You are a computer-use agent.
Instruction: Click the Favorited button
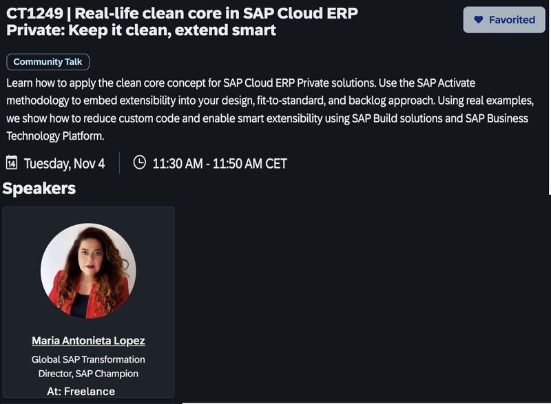[x=505, y=20]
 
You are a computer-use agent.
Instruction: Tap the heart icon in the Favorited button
[x=479, y=20]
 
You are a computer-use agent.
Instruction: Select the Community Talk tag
[x=48, y=62]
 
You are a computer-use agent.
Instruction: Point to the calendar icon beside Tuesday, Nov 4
[x=12, y=162]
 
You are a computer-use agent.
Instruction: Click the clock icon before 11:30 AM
[x=139, y=162]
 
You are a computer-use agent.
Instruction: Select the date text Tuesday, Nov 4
[x=64, y=163]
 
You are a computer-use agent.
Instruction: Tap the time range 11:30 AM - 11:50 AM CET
[x=220, y=163]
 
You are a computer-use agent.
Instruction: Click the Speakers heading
[x=39, y=188]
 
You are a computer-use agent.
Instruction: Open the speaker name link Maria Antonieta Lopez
[x=88, y=341]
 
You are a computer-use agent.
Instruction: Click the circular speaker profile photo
[x=88, y=270]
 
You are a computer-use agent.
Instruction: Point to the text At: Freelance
[x=81, y=391]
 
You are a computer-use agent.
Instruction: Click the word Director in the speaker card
[x=56, y=374]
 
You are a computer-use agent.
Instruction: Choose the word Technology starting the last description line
[x=33, y=136]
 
